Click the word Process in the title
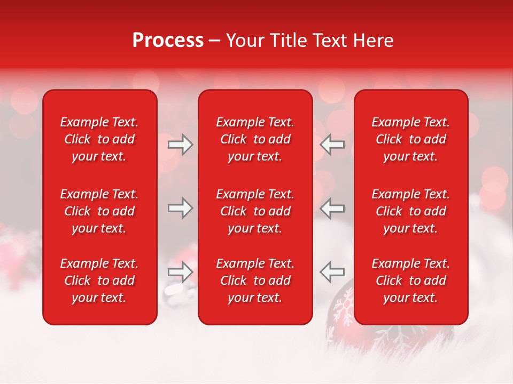[168, 41]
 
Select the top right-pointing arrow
[180, 145]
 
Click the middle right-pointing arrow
[180, 208]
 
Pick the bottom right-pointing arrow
[180, 272]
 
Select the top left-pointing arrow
[332, 145]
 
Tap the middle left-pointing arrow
[332, 208]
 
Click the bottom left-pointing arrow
[332, 272]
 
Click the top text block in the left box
[99, 139]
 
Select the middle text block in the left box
[99, 211]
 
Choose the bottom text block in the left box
[99, 281]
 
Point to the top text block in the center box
[255, 139]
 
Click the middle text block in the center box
[255, 211]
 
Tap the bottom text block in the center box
[255, 281]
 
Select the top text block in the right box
[410, 139]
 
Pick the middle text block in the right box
[410, 211]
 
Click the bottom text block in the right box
[410, 281]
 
